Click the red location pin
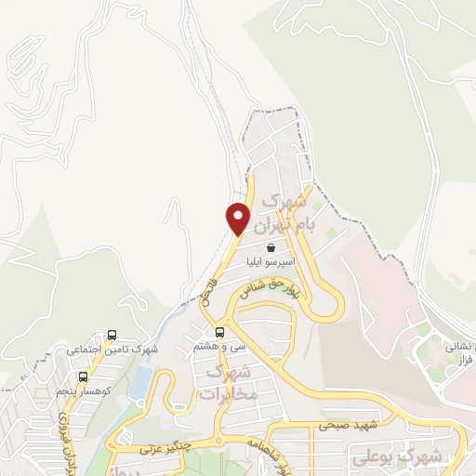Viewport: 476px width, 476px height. tap(238, 218)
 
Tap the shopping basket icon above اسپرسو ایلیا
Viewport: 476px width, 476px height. tap(271, 248)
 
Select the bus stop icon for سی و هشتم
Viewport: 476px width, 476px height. tap(220, 333)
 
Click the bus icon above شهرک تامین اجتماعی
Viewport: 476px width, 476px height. tap(112, 335)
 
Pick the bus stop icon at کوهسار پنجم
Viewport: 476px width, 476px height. tap(84, 377)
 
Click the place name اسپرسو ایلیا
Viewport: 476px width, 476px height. tap(271, 263)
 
